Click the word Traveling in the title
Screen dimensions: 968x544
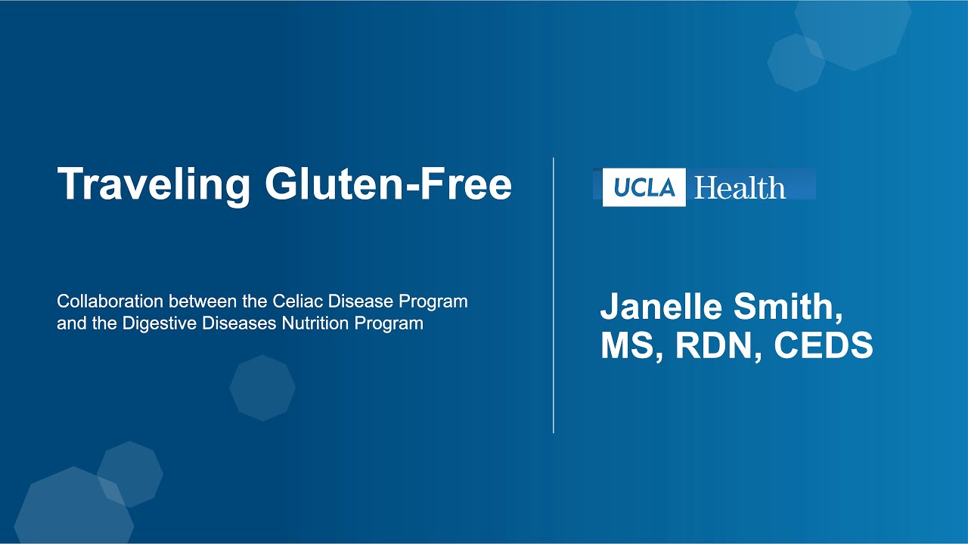[x=154, y=186]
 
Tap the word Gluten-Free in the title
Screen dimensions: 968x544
[x=389, y=183]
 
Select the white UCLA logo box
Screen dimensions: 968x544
[x=644, y=187]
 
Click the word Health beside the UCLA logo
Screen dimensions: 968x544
[x=740, y=188]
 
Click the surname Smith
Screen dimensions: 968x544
[x=788, y=308]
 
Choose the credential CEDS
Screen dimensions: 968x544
[x=824, y=345]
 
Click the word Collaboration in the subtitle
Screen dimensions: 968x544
[x=110, y=301]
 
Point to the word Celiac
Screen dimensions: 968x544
[x=298, y=301]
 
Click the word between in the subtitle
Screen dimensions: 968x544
[x=203, y=301]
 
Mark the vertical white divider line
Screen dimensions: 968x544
[x=553, y=295]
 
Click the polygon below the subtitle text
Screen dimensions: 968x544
[x=262, y=388]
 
